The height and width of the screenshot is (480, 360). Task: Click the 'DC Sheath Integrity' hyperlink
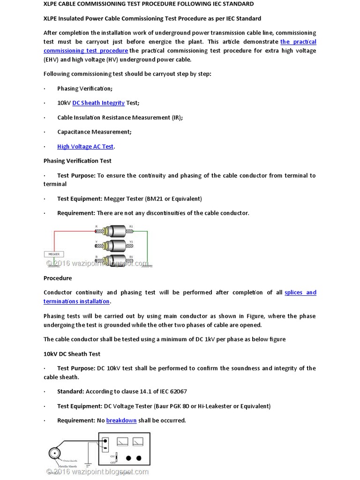click(98, 103)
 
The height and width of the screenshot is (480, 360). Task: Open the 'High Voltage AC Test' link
click(85, 147)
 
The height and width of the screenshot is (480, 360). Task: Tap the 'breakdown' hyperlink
click(121, 420)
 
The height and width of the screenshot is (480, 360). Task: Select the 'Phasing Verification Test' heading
click(77, 161)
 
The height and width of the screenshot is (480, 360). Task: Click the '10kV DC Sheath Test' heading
click(72, 354)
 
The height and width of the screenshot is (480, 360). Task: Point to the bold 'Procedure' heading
click(58, 278)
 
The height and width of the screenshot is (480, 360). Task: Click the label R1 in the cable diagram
click(131, 227)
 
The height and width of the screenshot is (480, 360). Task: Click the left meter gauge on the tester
click(122, 442)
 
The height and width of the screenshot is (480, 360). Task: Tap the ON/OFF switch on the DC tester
click(117, 458)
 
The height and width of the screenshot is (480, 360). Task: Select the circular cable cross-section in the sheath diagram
click(55, 454)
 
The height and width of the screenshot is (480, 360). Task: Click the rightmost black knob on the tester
click(139, 458)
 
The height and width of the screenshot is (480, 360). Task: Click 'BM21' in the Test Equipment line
click(154, 199)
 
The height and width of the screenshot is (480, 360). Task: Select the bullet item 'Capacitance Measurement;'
click(94, 132)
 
